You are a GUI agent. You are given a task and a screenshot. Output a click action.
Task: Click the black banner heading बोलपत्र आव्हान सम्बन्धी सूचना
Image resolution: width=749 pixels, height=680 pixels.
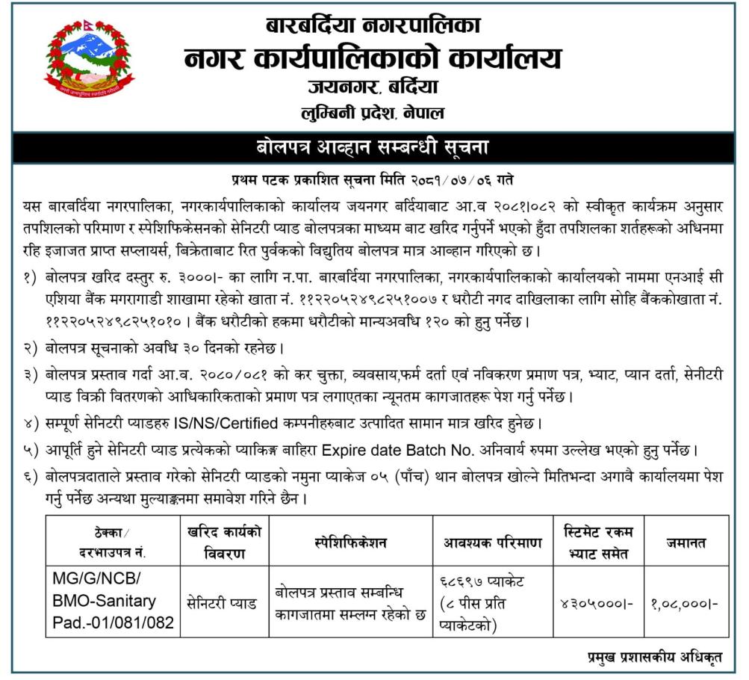point(373,146)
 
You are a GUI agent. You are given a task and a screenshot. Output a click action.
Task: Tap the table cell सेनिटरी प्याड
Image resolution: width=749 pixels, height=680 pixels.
point(222,602)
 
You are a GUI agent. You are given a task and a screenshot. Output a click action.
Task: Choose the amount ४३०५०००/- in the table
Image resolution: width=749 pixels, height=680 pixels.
point(597,602)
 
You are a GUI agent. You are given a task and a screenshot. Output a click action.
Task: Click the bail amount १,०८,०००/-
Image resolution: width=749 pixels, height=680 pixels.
point(685,602)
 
